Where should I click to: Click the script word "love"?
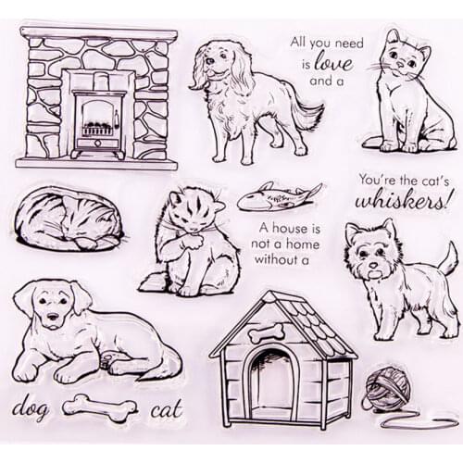[x=332, y=63]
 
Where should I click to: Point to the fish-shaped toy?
[x=276, y=196]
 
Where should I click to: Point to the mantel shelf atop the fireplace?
[x=97, y=34]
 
